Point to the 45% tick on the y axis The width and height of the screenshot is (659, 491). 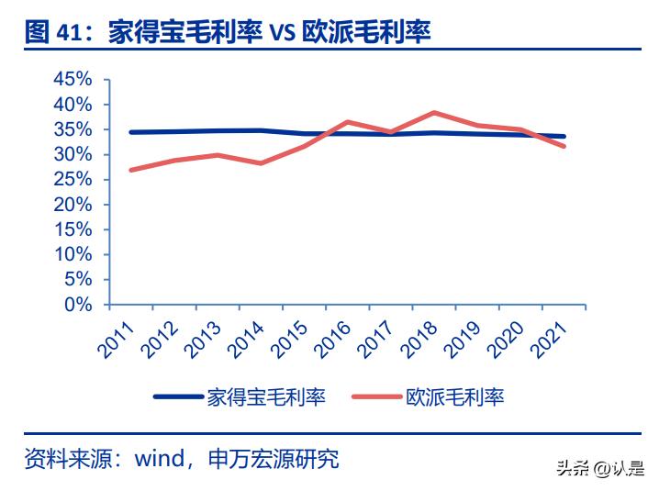[x=73, y=80]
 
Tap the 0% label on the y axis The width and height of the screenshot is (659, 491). [x=80, y=304]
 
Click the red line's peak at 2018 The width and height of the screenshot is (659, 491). [x=433, y=113]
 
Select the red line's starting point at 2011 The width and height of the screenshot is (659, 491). [x=130, y=170]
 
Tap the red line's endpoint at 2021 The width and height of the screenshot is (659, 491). [x=564, y=146]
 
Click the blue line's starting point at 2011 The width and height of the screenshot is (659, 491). [x=130, y=132]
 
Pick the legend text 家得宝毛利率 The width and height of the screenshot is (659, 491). [x=266, y=396]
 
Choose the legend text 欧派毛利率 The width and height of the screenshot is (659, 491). [x=455, y=396]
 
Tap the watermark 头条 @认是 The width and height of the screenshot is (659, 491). [x=599, y=470]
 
